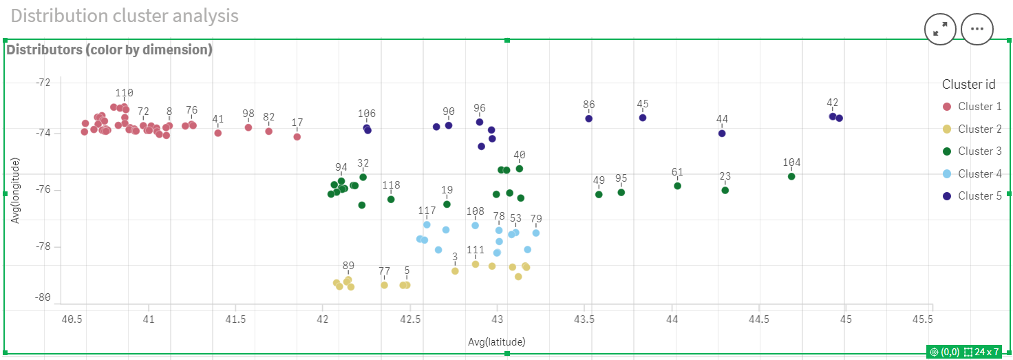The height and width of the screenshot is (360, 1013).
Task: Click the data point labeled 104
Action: coord(791,176)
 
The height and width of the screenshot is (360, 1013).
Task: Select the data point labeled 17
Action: coord(297,136)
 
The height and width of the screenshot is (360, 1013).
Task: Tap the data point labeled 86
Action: coord(588,118)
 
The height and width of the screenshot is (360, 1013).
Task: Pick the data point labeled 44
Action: coord(721,133)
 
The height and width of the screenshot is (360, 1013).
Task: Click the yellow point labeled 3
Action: coord(455,271)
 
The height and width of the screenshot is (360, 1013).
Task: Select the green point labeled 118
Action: coord(391,199)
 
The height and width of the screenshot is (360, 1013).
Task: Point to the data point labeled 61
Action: coord(677,185)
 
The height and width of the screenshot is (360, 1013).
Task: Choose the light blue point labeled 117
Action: coord(427,224)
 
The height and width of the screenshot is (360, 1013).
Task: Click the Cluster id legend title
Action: coord(968,85)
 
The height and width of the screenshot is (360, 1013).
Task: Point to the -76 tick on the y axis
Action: coord(43,189)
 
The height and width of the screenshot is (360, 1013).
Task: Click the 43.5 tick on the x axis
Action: coord(585,319)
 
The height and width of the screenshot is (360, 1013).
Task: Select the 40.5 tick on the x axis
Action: coord(72,319)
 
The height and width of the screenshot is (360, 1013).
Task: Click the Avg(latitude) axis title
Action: coord(497,341)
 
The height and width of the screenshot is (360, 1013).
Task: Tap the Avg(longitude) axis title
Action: coord(14,190)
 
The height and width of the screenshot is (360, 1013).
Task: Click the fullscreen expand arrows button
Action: coord(941,29)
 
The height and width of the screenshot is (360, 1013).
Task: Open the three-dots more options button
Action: coord(977,29)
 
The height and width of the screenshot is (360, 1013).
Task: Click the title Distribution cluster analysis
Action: coord(125,15)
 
